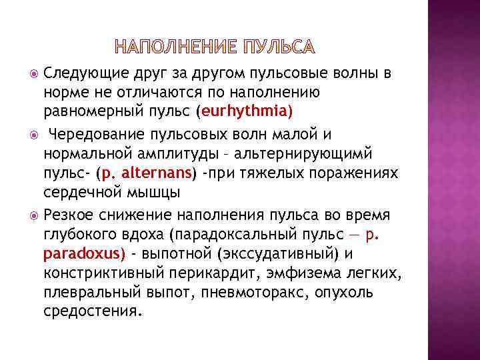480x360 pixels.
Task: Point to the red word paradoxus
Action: point(83,254)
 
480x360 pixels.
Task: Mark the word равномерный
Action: point(84,109)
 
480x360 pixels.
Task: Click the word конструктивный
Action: point(91,273)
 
